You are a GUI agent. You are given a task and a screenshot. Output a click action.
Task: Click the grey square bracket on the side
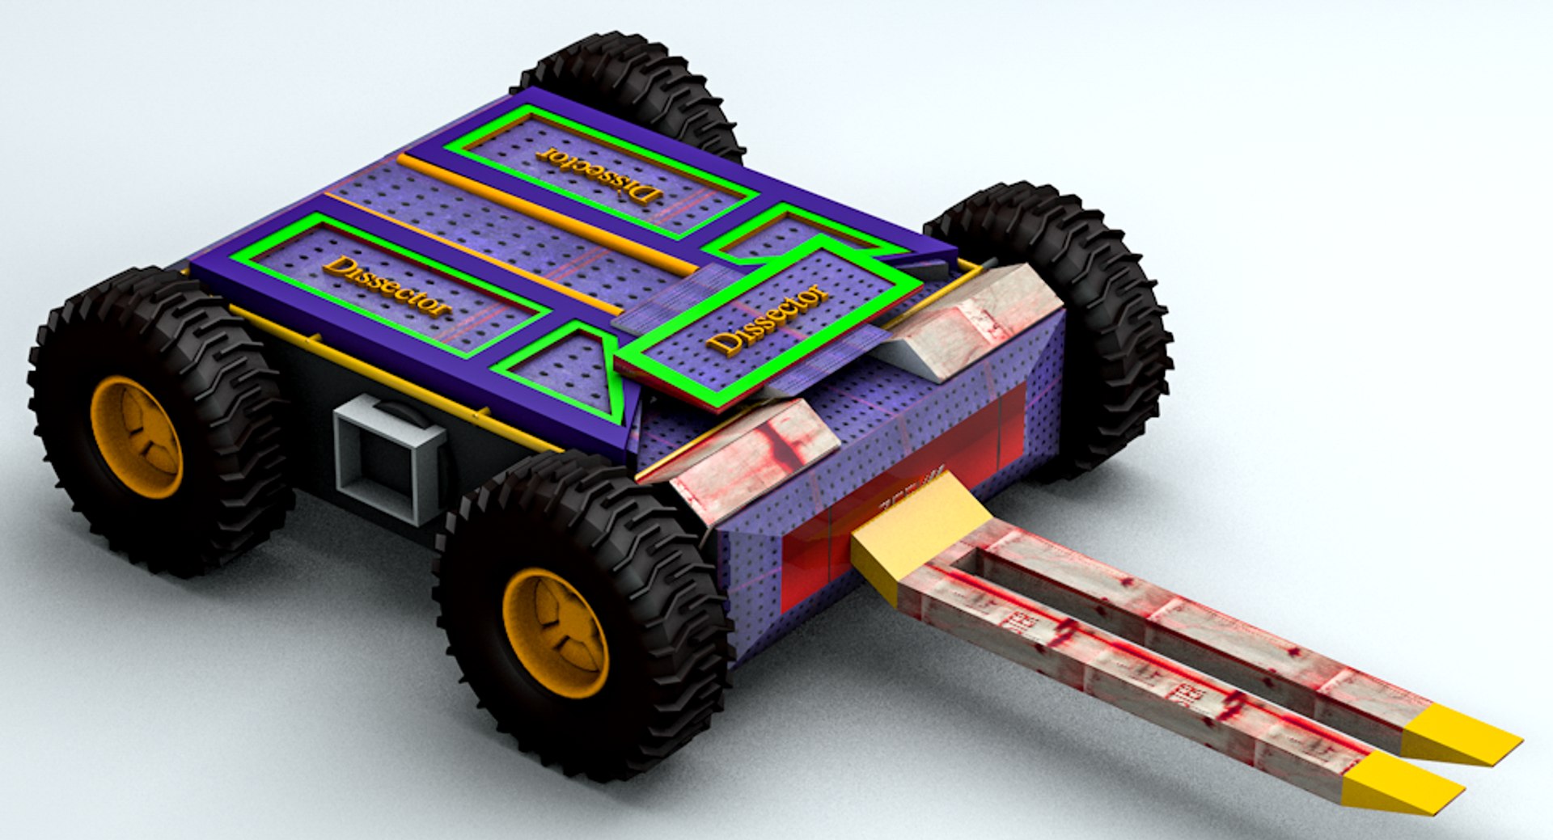pos(388,461)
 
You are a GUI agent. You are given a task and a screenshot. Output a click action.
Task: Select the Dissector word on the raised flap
pos(768,319)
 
